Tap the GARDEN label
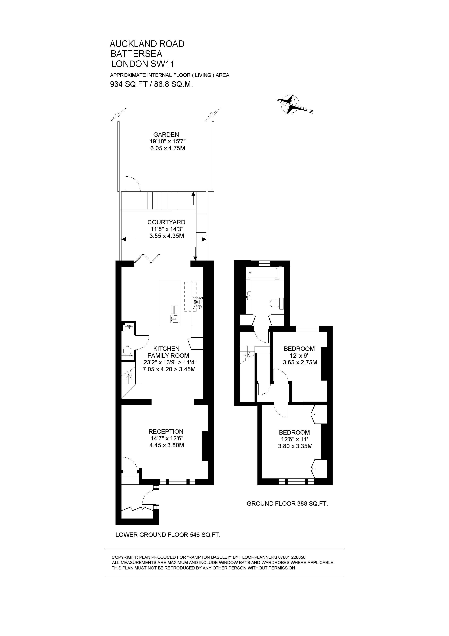click(x=166, y=135)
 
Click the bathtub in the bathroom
click(x=263, y=273)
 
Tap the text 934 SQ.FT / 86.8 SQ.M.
click(x=151, y=84)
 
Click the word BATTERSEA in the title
click(x=136, y=54)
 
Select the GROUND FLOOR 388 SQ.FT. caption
click(x=287, y=504)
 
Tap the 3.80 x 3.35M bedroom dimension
click(x=295, y=446)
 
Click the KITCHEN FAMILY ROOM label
click(x=168, y=352)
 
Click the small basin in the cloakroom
click(x=129, y=329)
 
